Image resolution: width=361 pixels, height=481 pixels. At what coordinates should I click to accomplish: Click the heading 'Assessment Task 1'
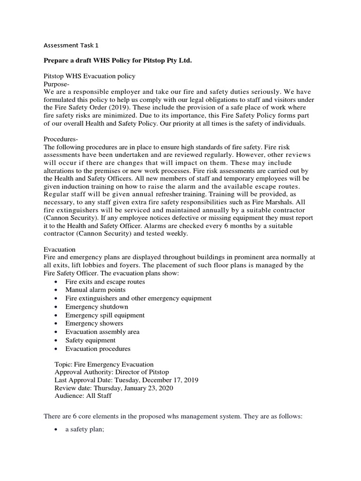click(x=71, y=46)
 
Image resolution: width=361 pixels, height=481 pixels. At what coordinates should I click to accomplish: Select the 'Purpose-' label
click(x=56, y=84)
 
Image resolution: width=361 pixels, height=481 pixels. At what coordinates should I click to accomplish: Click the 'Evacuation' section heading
click(x=60, y=249)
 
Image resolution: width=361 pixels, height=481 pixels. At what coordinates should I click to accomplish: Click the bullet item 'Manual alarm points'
click(x=95, y=290)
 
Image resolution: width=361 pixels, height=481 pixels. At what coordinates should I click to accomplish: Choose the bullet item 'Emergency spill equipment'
click(x=105, y=315)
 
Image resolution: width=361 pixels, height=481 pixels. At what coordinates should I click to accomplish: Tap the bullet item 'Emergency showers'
click(x=94, y=324)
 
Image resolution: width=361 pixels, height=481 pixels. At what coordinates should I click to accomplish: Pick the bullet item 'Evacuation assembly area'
click(x=102, y=332)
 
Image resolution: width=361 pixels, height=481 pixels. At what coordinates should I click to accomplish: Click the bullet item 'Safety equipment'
click(x=90, y=341)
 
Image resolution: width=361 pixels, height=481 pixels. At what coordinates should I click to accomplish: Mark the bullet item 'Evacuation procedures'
click(x=98, y=349)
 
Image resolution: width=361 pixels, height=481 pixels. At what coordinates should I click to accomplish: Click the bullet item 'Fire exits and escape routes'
click(x=105, y=281)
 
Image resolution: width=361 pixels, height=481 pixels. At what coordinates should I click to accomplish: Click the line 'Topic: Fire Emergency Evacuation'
click(x=104, y=364)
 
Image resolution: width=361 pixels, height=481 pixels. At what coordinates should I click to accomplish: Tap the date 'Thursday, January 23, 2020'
click(x=133, y=388)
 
